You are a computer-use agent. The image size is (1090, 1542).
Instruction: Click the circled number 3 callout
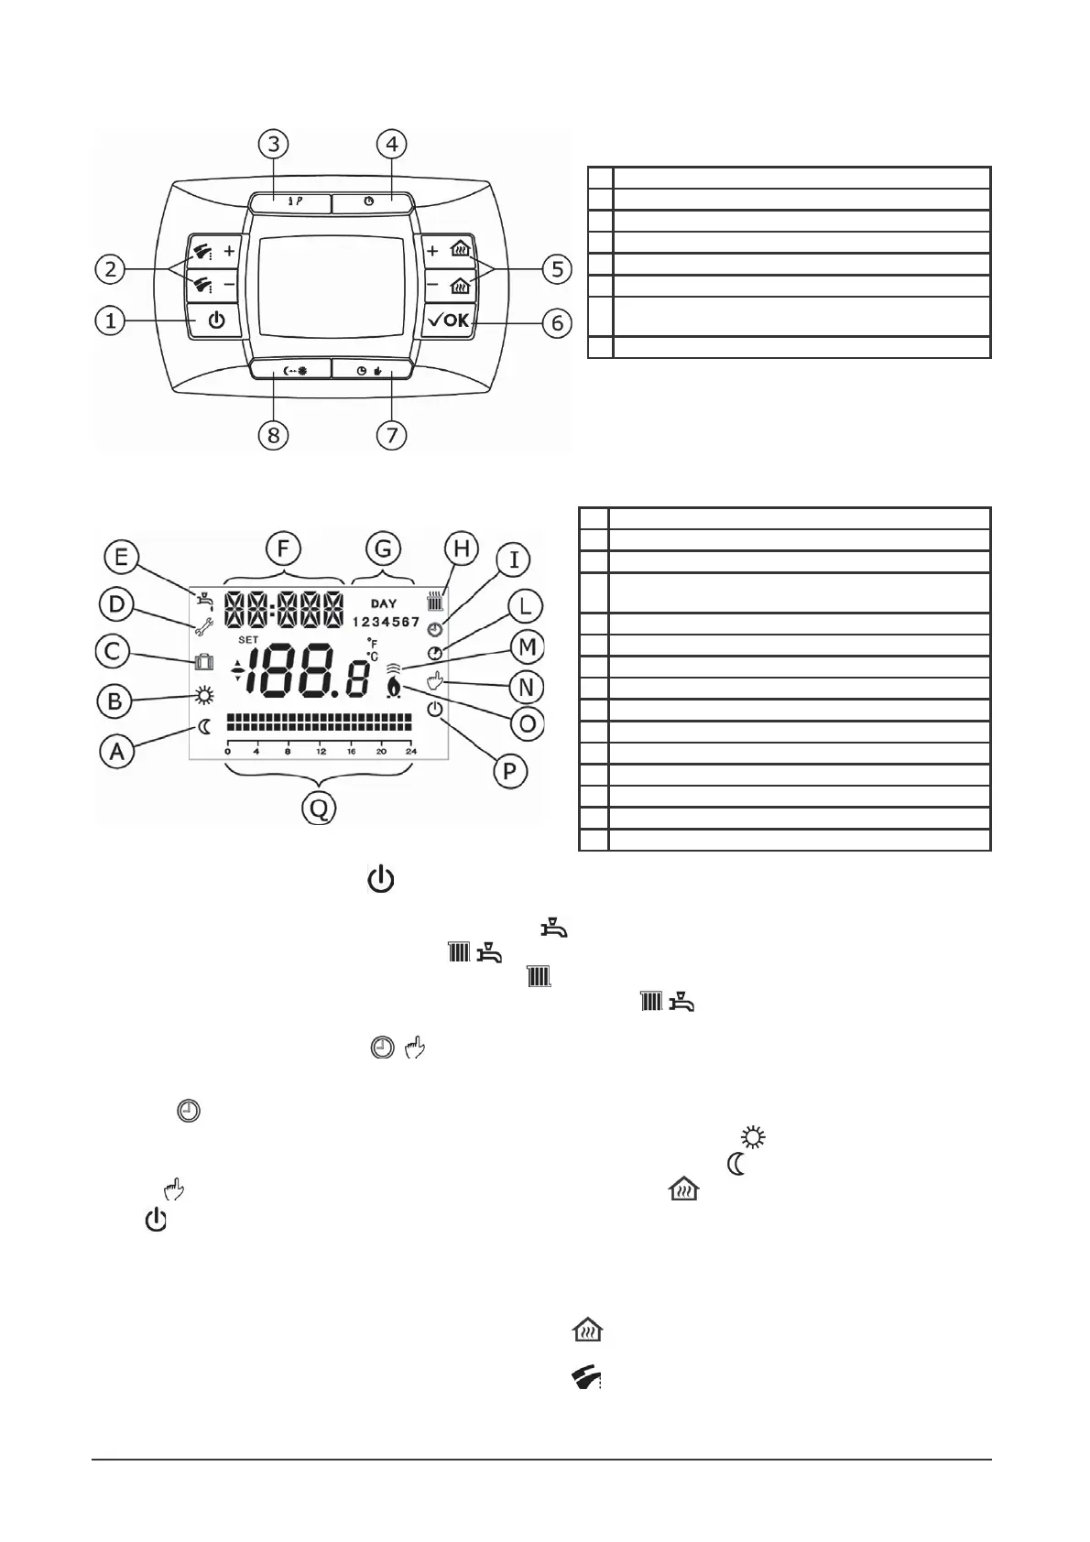[273, 145]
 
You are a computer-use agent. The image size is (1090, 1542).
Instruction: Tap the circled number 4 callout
[392, 145]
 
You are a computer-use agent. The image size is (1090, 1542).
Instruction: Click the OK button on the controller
[448, 321]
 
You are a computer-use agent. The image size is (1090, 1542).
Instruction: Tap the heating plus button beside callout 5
[448, 249]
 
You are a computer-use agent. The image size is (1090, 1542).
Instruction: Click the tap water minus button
[214, 284]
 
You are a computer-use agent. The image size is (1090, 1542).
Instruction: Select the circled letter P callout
[509, 771]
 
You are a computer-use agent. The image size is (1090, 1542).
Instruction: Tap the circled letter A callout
[116, 752]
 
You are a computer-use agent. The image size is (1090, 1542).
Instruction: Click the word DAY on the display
[384, 604]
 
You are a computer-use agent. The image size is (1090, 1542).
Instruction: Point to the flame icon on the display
[394, 687]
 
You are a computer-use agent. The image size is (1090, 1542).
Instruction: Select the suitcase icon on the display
[203, 661]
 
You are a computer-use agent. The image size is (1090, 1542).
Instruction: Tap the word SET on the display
[247, 639]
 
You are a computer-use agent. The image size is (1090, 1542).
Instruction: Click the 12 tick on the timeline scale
[321, 751]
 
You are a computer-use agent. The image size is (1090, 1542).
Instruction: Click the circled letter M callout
[528, 648]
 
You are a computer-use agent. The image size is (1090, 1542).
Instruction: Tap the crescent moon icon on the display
[204, 728]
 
